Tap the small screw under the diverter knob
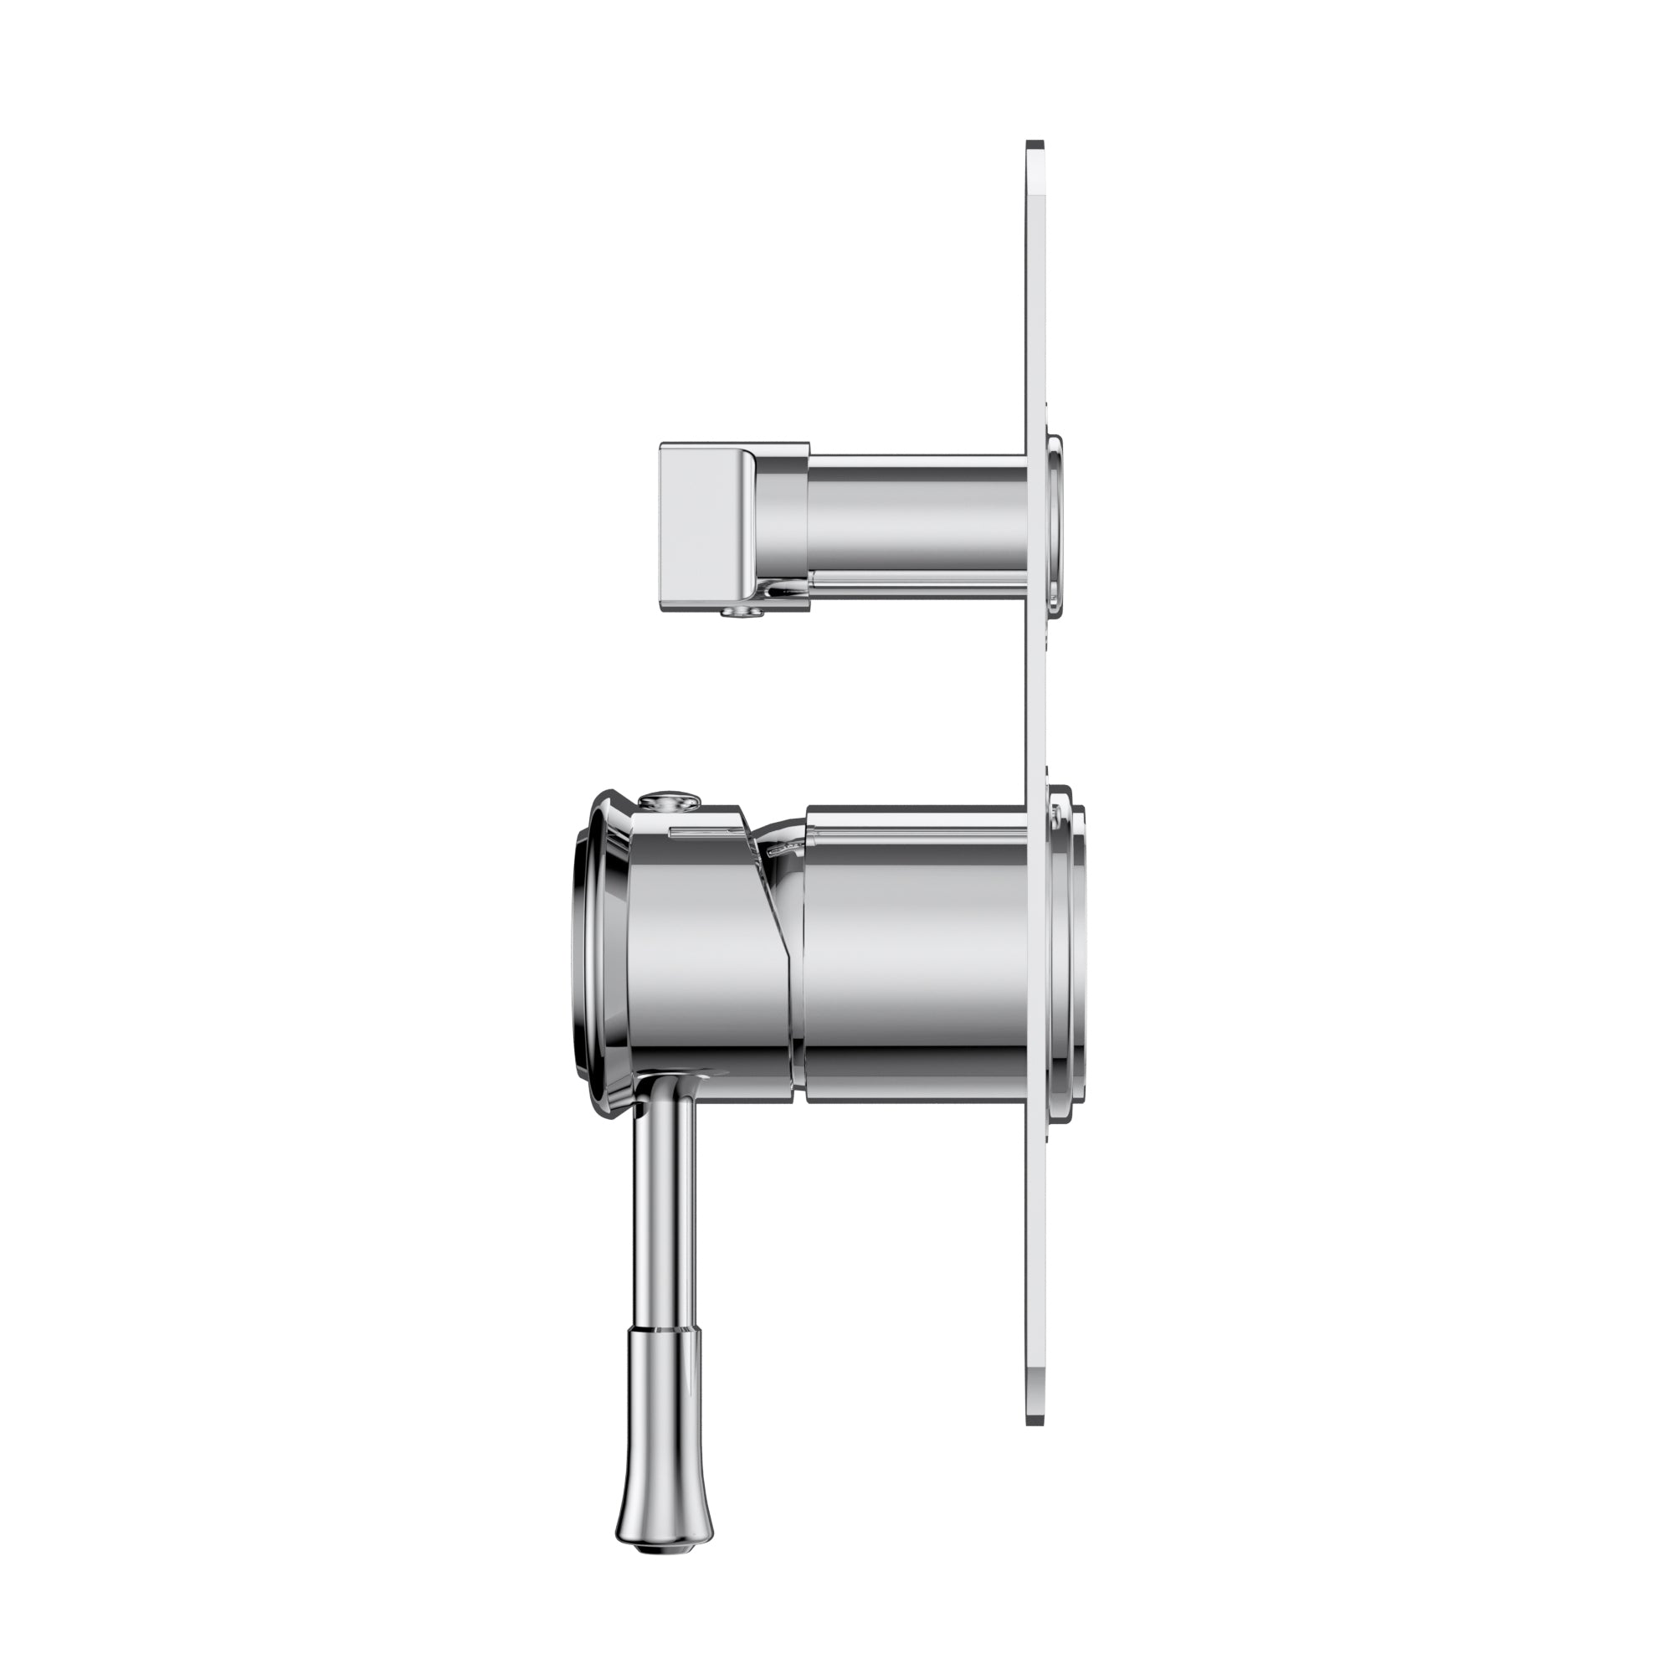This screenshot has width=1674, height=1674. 742,612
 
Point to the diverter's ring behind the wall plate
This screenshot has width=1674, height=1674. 1055,520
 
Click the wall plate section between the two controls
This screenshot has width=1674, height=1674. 1035,693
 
